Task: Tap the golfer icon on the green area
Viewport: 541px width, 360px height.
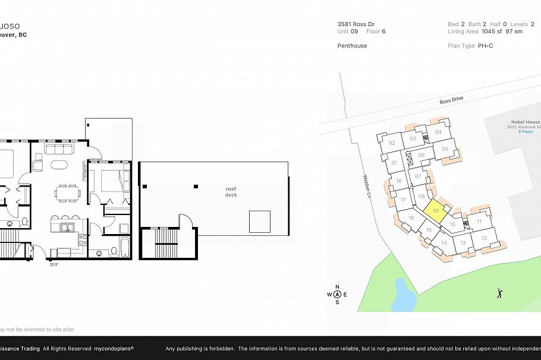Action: (499, 293)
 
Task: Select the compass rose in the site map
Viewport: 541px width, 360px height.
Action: (337, 293)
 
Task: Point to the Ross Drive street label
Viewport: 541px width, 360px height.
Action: (451, 100)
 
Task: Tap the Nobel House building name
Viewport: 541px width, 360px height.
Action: (523, 122)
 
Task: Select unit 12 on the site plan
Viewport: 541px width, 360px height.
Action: (484, 238)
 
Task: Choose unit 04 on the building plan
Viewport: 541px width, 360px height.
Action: (438, 132)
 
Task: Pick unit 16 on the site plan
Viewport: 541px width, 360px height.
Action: (411, 218)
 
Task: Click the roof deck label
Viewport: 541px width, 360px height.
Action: (231, 191)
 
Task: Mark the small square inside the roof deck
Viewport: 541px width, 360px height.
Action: (260, 222)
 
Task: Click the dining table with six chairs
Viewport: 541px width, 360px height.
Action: (67, 192)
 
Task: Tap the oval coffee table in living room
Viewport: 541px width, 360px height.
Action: (60, 165)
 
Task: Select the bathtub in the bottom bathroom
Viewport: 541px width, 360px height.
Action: (125, 247)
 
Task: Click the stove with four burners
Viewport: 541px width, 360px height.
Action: (83, 239)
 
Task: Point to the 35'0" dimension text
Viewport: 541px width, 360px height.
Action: (54, 265)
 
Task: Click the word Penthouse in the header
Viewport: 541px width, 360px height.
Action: (352, 46)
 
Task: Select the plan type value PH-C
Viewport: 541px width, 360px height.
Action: (485, 46)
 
